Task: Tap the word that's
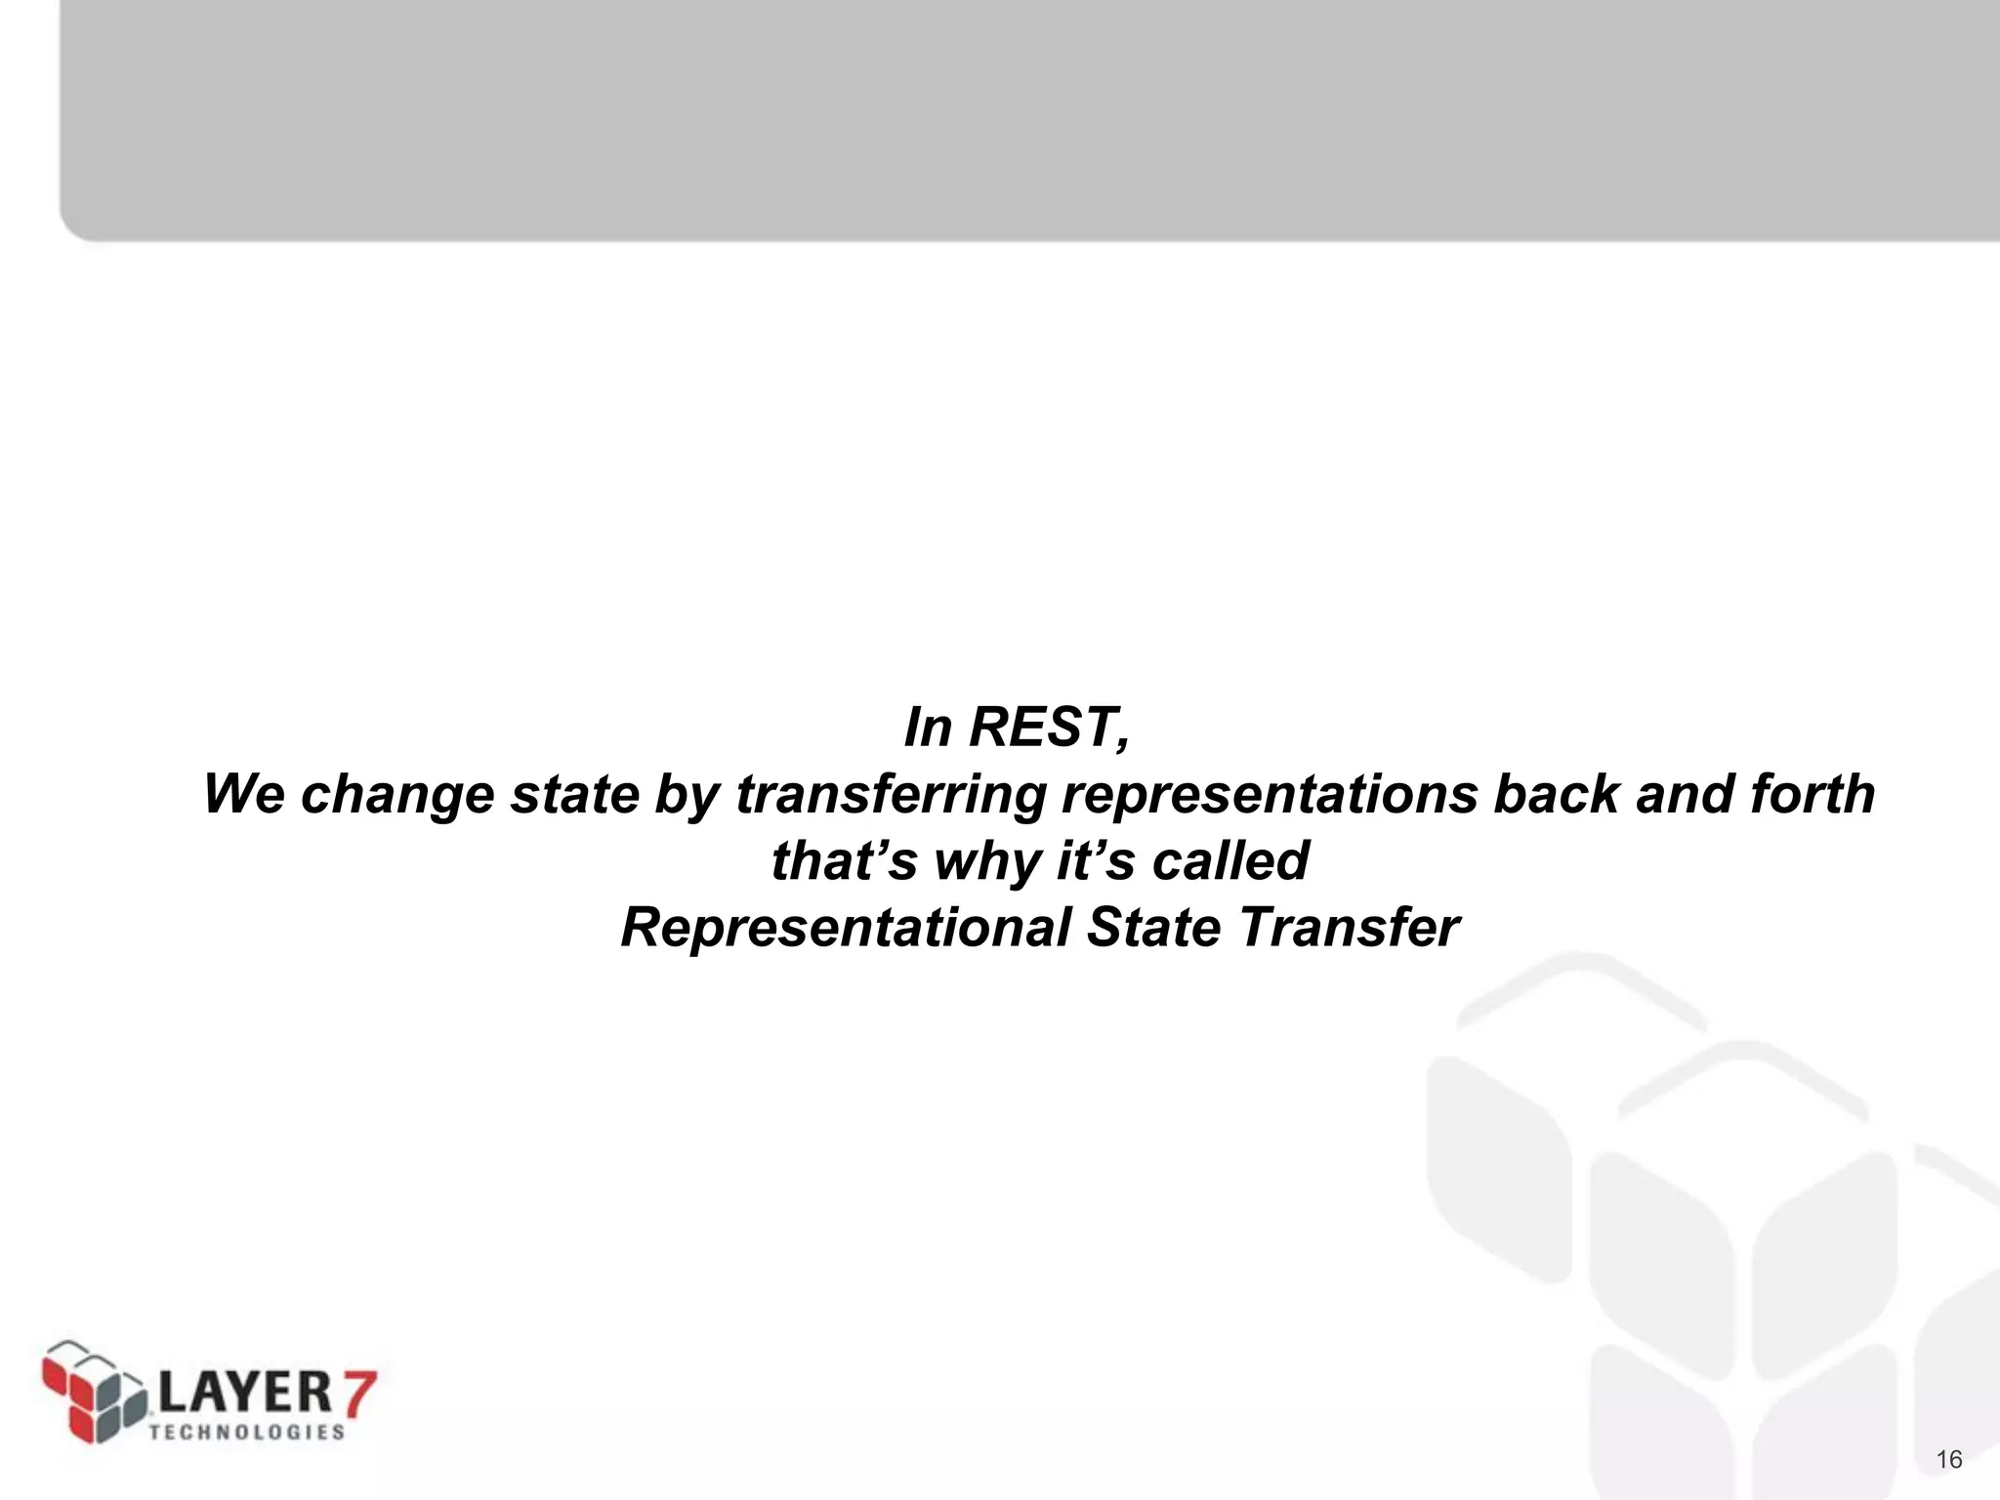point(844,861)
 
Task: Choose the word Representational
point(846,928)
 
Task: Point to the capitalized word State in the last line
point(1153,928)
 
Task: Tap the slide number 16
point(1948,1460)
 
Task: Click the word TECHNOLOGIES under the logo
point(247,1432)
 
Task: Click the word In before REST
point(928,728)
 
